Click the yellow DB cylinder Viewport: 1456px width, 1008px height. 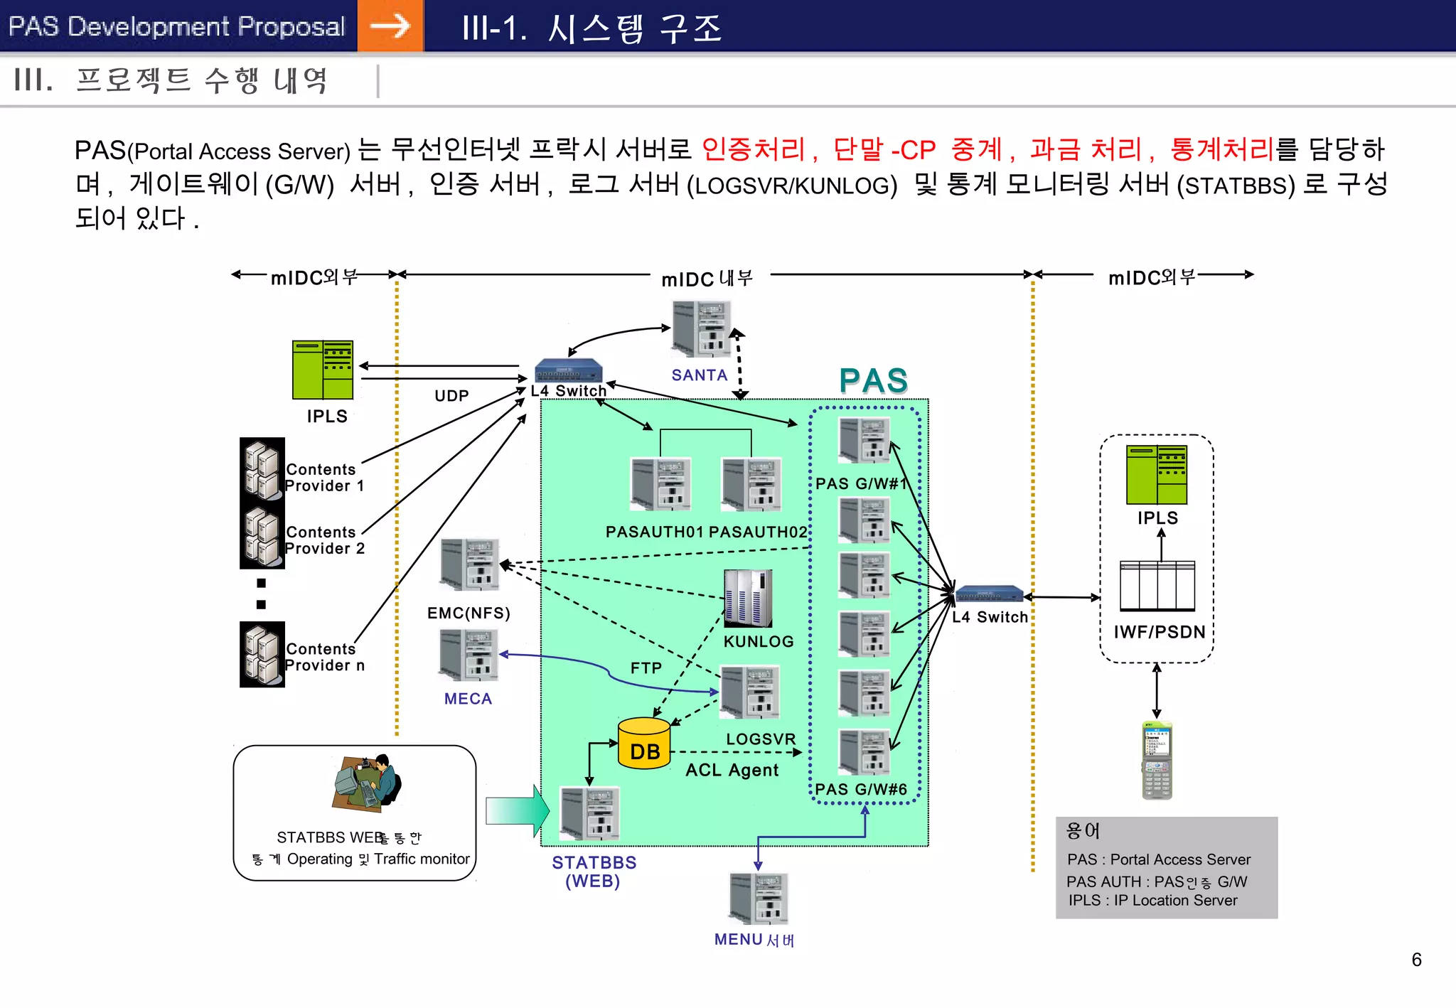coord(644,744)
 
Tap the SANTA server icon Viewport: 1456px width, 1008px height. coord(701,328)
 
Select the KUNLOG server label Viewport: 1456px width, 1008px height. coord(759,641)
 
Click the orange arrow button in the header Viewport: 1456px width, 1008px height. coord(390,26)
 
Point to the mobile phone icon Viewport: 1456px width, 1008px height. coord(1157,761)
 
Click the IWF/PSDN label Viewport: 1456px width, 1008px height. coord(1159,632)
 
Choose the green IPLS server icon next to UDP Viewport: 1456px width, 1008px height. coord(323,370)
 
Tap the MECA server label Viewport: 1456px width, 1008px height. coord(468,699)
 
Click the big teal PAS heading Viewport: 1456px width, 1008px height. coord(873,380)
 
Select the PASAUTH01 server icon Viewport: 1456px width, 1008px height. coord(660,484)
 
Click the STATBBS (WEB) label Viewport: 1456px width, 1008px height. coord(594,872)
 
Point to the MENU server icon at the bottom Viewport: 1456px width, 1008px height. coord(759,899)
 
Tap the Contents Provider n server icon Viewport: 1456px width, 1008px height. coord(262,655)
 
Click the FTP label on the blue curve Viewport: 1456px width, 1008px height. coord(646,668)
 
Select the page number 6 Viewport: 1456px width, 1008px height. coord(1416,960)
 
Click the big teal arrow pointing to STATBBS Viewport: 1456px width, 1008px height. coord(517,810)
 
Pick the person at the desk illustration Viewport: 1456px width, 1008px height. coord(368,783)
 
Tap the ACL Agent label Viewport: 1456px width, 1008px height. coord(732,770)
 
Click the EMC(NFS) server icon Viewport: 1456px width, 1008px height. coord(469,565)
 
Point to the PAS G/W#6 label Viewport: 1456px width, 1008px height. coord(860,789)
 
